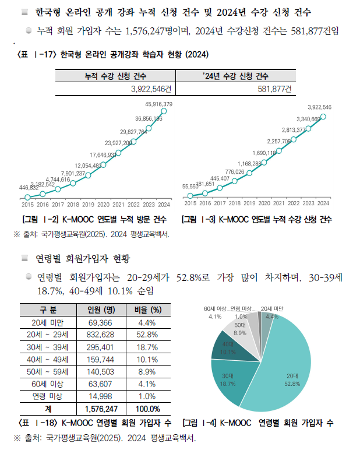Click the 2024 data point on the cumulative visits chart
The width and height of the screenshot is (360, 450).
(164, 111)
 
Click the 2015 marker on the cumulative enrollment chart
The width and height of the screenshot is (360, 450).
(190, 196)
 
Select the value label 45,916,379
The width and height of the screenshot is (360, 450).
(158, 104)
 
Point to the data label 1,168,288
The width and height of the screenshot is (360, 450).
(249, 164)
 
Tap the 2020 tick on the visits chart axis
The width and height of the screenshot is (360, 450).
(103, 205)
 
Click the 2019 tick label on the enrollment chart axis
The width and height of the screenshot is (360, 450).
(249, 203)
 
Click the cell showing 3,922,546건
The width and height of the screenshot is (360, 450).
(151, 89)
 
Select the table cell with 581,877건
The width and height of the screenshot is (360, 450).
(274, 89)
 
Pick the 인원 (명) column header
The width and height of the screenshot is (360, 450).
(101, 310)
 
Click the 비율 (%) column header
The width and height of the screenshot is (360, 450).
(148, 310)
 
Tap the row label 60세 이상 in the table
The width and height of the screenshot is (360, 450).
(48, 384)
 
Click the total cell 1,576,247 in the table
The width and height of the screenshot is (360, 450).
(101, 409)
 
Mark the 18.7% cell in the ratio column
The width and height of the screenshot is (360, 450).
(147, 347)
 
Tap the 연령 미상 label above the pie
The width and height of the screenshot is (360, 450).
(241, 309)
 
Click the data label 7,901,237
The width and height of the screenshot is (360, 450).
(73, 173)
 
